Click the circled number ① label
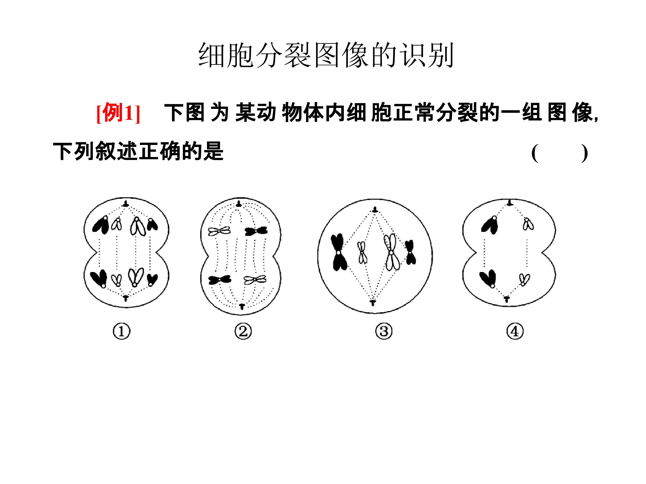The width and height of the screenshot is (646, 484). (x=122, y=331)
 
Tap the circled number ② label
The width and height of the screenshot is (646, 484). (x=243, y=331)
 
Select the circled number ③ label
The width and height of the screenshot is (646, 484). (x=384, y=331)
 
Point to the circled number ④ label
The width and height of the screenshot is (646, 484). (x=515, y=331)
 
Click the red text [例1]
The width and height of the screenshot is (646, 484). (x=118, y=113)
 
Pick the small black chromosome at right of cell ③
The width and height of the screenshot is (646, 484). (x=410, y=252)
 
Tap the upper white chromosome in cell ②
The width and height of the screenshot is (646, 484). (x=219, y=231)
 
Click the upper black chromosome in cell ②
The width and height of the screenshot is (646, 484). (x=256, y=231)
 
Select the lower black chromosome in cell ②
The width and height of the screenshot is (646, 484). (x=220, y=280)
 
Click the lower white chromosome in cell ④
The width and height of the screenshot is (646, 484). (x=524, y=279)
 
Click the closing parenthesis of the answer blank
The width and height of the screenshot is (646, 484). (x=584, y=153)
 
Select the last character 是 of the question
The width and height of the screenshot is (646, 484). (x=214, y=151)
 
